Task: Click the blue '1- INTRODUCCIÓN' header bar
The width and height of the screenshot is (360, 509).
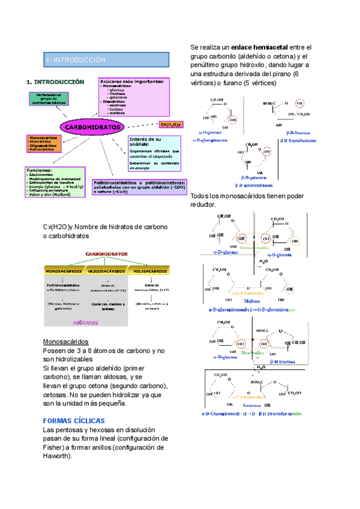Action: coord(103,60)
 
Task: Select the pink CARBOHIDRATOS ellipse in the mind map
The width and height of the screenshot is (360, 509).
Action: coord(92,127)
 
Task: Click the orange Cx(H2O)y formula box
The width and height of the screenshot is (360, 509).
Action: coord(170,124)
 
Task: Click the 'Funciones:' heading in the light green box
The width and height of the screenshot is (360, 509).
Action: coord(39,170)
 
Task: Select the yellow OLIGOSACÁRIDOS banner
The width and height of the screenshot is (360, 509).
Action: coord(106,271)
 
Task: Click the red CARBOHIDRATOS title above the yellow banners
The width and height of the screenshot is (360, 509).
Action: coord(107,254)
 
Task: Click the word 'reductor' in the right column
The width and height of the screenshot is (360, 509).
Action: coord(202,205)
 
